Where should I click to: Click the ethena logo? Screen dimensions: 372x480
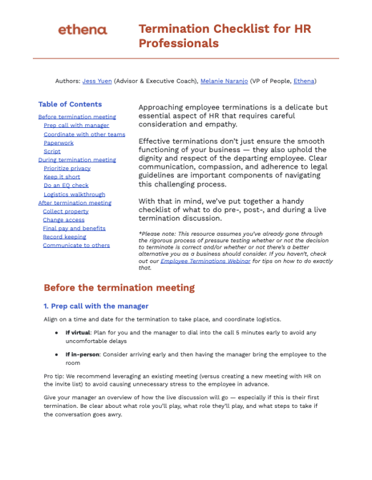82,30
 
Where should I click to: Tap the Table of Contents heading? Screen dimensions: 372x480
69,104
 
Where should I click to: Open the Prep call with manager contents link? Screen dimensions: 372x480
76,126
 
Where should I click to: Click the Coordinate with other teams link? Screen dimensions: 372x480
84,134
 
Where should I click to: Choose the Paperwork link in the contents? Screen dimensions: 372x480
58,143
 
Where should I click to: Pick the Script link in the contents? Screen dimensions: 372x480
52,151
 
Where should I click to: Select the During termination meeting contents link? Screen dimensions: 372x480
77,160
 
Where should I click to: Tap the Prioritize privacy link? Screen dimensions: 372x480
67,169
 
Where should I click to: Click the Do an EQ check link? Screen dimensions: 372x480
66,186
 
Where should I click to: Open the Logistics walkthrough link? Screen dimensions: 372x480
74,194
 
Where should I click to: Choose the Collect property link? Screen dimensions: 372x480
66,211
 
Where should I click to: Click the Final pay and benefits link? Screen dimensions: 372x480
74,229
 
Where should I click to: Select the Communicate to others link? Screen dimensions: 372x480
76,246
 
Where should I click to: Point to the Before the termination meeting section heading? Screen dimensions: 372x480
119,288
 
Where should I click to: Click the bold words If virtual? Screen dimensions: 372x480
79,332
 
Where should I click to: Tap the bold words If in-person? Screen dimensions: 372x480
83,354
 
